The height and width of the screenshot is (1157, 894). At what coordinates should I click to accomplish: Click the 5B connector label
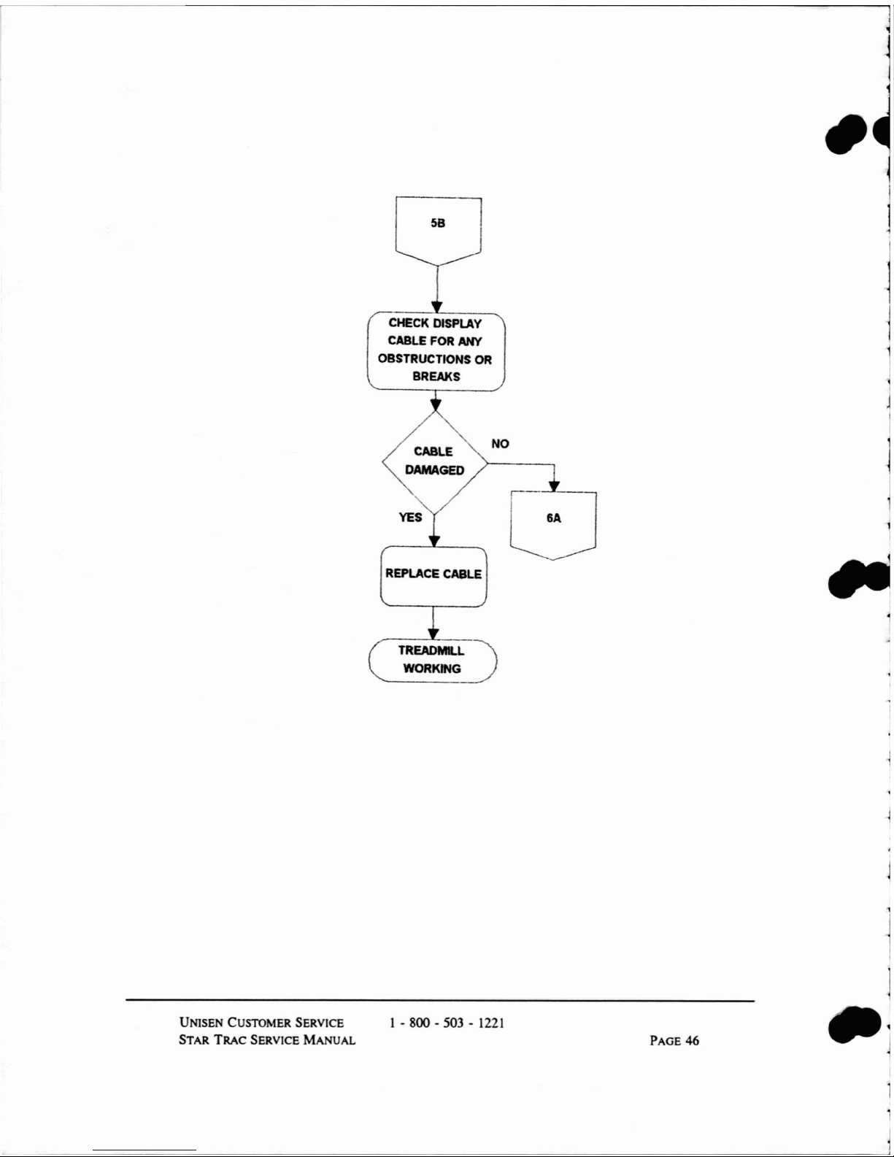(437, 223)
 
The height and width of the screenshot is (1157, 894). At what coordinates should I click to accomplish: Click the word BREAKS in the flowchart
(436, 377)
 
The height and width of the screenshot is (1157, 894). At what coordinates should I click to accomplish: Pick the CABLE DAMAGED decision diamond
(435, 462)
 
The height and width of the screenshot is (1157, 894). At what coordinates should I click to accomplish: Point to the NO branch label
(500, 444)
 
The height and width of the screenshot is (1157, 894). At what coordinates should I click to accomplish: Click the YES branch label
(410, 518)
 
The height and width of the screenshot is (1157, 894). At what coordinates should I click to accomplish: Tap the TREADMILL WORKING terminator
(432, 660)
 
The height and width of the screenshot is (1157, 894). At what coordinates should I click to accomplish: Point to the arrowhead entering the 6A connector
(554, 486)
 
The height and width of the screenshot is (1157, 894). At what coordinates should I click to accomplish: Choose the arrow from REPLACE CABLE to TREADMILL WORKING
(433, 623)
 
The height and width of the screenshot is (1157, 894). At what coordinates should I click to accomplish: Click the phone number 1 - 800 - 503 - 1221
(447, 1023)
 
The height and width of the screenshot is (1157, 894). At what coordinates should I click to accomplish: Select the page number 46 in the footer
(691, 1041)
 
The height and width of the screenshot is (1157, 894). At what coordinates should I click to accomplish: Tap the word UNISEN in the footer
(201, 1023)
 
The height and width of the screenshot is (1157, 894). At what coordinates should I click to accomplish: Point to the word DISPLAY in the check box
(457, 323)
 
